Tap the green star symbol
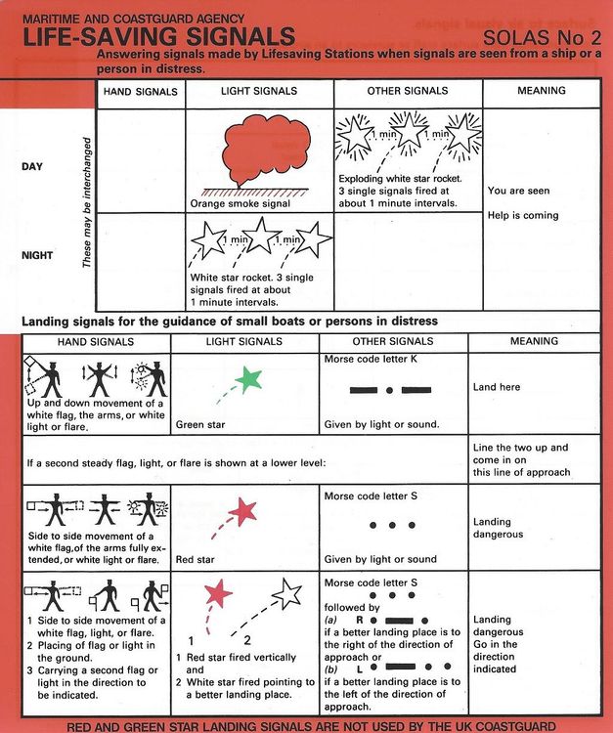(x=251, y=377)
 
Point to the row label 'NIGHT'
(x=38, y=255)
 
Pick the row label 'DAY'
(x=32, y=166)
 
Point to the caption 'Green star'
(x=202, y=425)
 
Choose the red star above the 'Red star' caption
(x=241, y=510)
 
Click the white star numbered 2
(x=287, y=592)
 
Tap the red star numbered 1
(x=219, y=592)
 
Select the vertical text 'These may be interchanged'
(x=86, y=203)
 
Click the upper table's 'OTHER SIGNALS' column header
(x=409, y=91)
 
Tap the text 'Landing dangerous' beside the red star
(x=499, y=528)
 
